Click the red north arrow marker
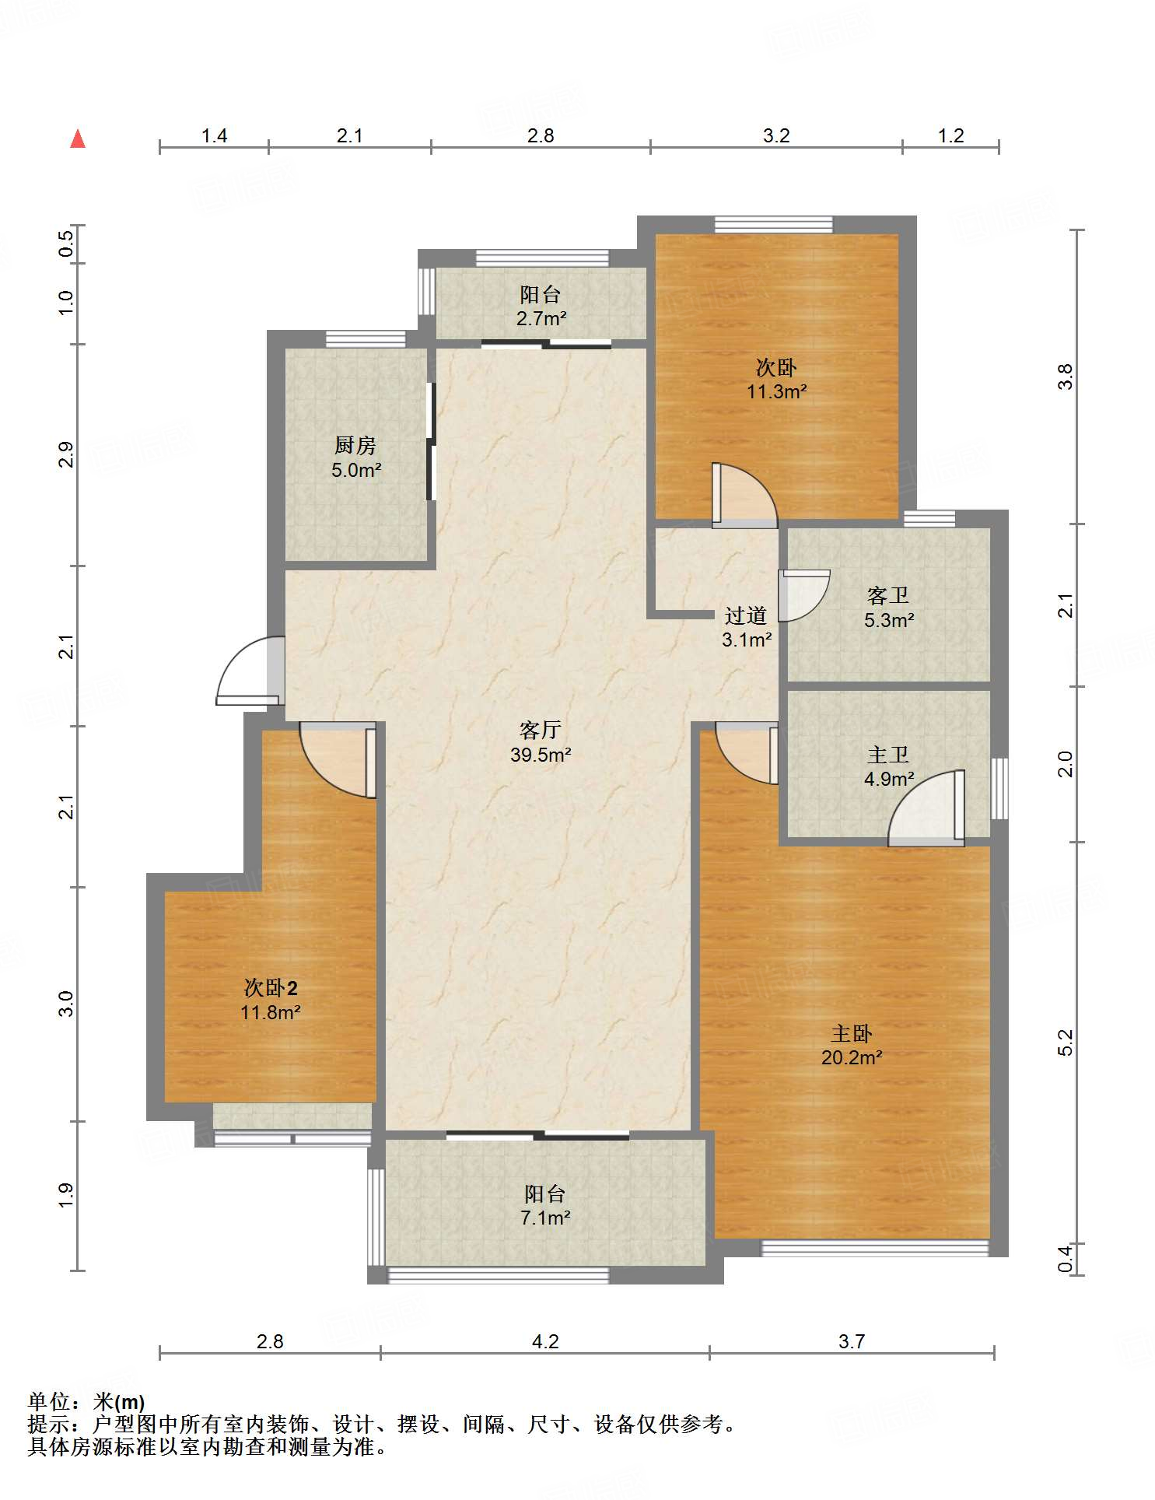pos(78,138)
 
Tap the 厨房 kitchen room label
pos(355,445)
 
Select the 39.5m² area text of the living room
pos(541,755)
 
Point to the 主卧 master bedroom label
pos(852,1033)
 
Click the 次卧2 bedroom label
pos(271,988)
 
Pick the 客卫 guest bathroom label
pos(888,596)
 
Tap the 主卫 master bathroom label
pos(888,755)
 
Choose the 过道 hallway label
pos(746,615)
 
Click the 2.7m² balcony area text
pos(541,318)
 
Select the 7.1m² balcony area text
pos(545,1218)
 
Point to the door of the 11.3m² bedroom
pos(744,496)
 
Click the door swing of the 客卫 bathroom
pos(804,595)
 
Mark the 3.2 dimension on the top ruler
pos(776,135)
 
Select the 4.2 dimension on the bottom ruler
pos(545,1341)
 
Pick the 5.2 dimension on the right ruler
pos(1065,1043)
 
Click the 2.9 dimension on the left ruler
pos(66,454)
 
